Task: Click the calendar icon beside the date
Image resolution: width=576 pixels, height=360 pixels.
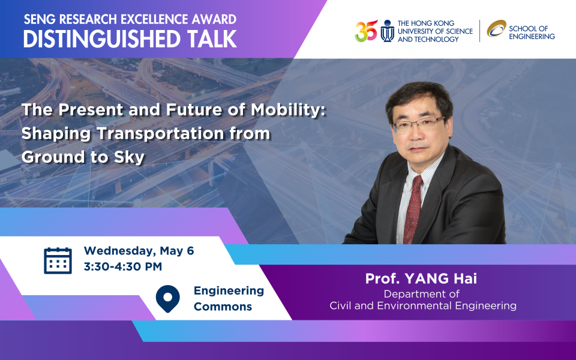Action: pos(58,260)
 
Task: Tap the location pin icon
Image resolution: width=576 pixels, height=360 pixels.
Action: pos(167,299)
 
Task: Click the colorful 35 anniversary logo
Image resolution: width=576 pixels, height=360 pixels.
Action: pos(366,31)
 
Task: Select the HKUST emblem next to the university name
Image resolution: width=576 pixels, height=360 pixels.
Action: pos(387,31)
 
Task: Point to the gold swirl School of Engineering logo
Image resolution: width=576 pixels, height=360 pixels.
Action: pos(496,29)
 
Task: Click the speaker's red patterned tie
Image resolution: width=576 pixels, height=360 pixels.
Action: pos(413,210)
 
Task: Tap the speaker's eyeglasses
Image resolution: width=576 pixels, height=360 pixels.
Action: pos(418,124)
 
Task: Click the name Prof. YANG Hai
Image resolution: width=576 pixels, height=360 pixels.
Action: pos(421,278)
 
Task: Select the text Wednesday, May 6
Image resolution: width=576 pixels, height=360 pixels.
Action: pos(139,251)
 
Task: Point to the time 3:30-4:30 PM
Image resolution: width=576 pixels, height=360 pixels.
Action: pos(122,266)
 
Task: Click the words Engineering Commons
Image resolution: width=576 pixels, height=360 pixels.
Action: pos(229,298)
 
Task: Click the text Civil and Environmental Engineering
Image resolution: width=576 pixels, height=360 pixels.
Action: pos(423,305)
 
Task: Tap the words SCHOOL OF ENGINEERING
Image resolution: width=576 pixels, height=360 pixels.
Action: pos(532,32)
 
